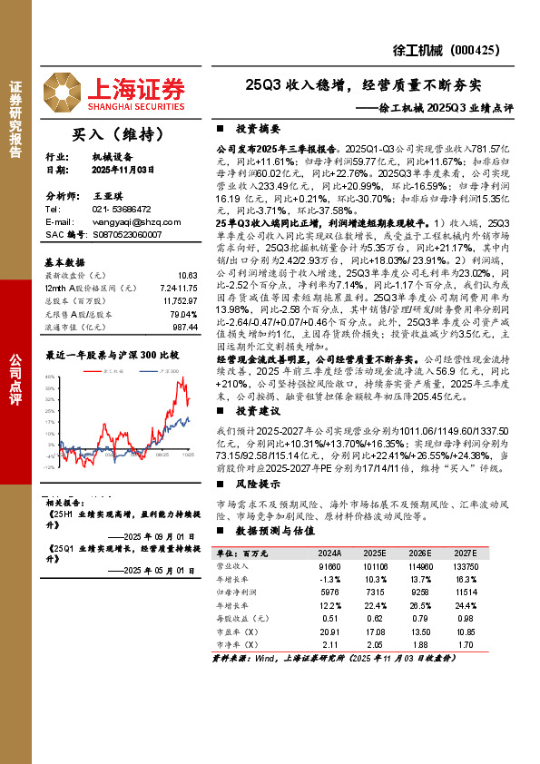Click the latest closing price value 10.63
tap(187, 275)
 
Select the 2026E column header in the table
tap(417, 552)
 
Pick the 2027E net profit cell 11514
tap(466, 592)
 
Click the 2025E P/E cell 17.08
tap(374, 631)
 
